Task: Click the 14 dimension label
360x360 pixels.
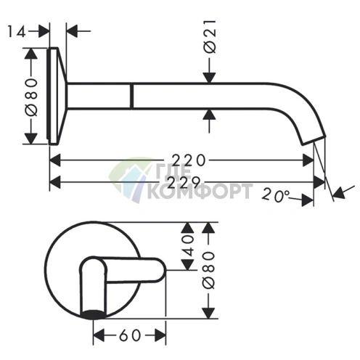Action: click(x=17, y=32)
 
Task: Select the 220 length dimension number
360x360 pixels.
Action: click(x=189, y=160)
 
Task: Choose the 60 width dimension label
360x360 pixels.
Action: click(x=130, y=335)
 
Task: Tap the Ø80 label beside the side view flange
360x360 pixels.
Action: click(x=31, y=97)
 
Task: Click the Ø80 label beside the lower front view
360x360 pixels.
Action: click(x=208, y=270)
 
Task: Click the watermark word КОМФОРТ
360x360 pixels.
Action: click(x=200, y=192)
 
